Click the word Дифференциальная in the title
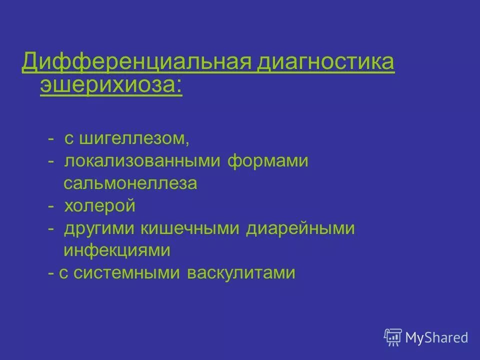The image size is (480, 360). [x=137, y=63]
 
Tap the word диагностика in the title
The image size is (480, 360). [x=326, y=63]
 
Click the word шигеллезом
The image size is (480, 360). [x=132, y=138]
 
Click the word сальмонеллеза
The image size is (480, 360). [x=130, y=183]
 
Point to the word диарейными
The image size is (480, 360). [x=300, y=228]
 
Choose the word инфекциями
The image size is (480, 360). [x=117, y=250]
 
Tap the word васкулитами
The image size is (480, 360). [x=241, y=273]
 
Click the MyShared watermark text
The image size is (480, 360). [x=436, y=337]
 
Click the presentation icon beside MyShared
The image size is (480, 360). [x=393, y=337]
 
